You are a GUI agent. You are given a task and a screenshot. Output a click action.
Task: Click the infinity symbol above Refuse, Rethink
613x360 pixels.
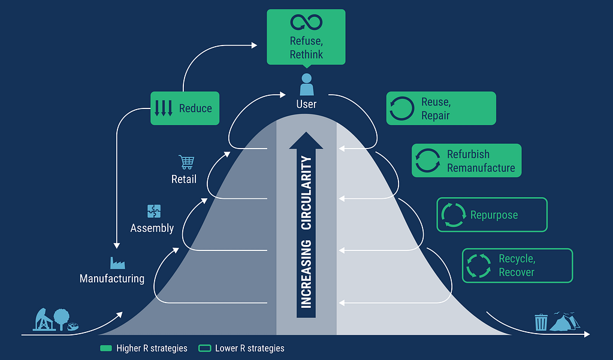tap(306, 22)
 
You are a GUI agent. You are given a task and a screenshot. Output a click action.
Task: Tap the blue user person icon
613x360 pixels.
tap(307, 84)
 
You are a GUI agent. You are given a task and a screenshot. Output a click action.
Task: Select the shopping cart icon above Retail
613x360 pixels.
tap(186, 162)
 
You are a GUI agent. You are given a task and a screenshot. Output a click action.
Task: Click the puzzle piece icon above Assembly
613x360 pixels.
tap(154, 211)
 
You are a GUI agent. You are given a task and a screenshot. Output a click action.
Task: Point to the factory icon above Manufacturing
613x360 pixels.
tap(117, 263)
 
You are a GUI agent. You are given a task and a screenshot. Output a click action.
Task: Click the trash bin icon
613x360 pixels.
tap(541, 322)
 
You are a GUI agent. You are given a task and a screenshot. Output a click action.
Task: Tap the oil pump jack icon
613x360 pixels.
tap(44, 319)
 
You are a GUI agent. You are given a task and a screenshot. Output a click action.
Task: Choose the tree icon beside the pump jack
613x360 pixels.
tap(61, 319)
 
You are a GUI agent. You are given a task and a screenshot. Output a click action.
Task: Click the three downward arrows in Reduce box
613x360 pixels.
tap(164, 108)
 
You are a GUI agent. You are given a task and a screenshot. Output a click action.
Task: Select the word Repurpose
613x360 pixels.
tap(494, 215)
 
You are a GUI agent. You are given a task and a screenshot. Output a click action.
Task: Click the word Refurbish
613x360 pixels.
tap(469, 155)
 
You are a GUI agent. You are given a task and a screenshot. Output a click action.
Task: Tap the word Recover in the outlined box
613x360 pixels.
tap(517, 272)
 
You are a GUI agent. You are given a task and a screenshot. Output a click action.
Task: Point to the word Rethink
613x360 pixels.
tap(307, 55)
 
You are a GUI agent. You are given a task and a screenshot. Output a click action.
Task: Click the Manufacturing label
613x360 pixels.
tap(112, 279)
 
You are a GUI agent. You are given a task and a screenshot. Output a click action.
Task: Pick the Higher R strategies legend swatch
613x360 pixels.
tap(106, 348)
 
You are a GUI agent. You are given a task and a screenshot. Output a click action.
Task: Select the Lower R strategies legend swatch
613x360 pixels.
tap(204, 348)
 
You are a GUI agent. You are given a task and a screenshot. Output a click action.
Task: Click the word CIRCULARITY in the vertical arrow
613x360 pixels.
tap(306, 193)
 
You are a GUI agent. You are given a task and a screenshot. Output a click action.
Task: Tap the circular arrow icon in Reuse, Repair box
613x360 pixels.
tap(402, 108)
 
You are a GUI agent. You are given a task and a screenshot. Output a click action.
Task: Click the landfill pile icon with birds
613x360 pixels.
tap(564, 321)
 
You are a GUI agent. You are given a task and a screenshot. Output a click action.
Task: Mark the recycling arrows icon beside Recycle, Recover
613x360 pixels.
tap(479, 266)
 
